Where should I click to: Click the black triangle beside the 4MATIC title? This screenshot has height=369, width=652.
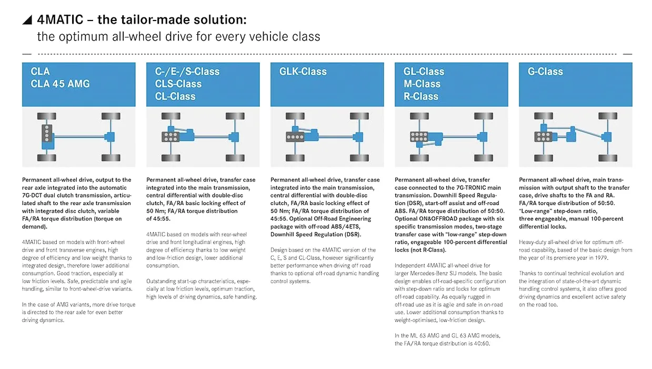pos(28,21)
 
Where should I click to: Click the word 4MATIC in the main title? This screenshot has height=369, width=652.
pos(60,20)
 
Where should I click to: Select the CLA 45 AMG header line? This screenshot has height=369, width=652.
pos(60,84)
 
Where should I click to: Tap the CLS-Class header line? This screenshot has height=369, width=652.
pos(178,84)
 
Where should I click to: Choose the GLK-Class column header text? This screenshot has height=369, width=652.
pos(303,71)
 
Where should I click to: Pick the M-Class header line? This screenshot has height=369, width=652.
pos(422,84)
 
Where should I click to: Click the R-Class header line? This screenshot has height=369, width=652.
pos(421,96)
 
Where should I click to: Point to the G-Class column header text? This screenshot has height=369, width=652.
pos(545,71)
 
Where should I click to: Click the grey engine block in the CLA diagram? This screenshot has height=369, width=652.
pos(47,133)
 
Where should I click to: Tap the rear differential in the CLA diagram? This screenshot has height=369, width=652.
pos(110,137)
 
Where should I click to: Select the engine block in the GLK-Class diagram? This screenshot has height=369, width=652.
pos(295,137)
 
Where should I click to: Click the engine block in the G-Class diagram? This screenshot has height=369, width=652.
pos(543,137)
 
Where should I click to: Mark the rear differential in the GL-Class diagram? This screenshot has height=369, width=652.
pos(483,137)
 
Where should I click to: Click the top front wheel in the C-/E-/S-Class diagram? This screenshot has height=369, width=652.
pos(171,116)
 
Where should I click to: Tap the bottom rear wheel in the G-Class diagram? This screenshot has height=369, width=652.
pos(607,158)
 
